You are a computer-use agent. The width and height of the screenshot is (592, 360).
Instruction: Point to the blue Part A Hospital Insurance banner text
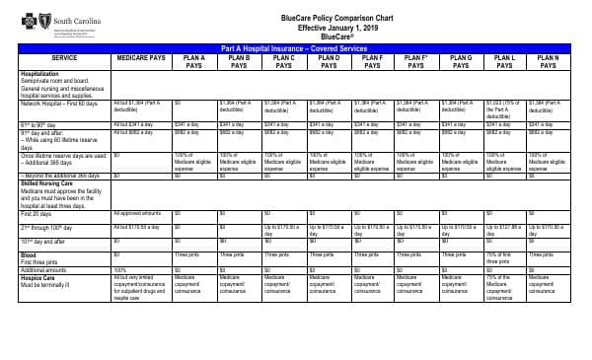[x=295, y=46]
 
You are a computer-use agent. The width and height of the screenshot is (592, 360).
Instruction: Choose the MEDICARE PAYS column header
[x=140, y=57]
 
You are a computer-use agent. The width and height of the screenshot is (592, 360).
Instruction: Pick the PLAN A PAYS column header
[x=194, y=61]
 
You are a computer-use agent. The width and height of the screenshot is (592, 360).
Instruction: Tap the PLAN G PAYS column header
[x=461, y=61]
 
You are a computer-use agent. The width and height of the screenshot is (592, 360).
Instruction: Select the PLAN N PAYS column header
[x=550, y=61]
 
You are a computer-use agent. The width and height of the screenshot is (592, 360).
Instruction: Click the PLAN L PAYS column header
[x=505, y=61]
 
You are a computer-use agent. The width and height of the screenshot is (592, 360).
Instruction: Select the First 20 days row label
[x=36, y=214]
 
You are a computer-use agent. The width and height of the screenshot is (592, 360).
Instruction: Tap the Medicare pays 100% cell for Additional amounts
[x=119, y=268]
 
